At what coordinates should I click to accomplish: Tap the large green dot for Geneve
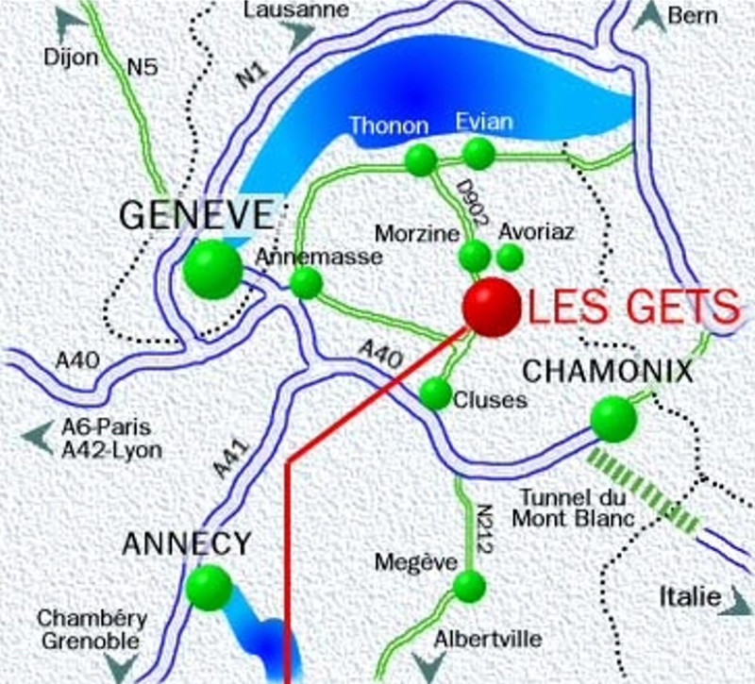(212, 269)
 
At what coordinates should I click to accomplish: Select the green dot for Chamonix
(613, 418)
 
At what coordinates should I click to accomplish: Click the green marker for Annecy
(209, 587)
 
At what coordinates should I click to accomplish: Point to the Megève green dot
(469, 586)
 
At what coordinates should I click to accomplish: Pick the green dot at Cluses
(435, 392)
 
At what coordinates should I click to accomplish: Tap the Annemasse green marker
(306, 282)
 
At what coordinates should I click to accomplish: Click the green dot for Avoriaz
(510, 256)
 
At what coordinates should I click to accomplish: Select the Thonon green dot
(420, 159)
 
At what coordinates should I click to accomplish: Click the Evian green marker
(479, 153)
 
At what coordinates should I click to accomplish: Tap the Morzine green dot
(474, 256)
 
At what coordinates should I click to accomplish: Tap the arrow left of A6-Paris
(39, 437)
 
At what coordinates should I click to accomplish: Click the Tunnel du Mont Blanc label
(565, 507)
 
